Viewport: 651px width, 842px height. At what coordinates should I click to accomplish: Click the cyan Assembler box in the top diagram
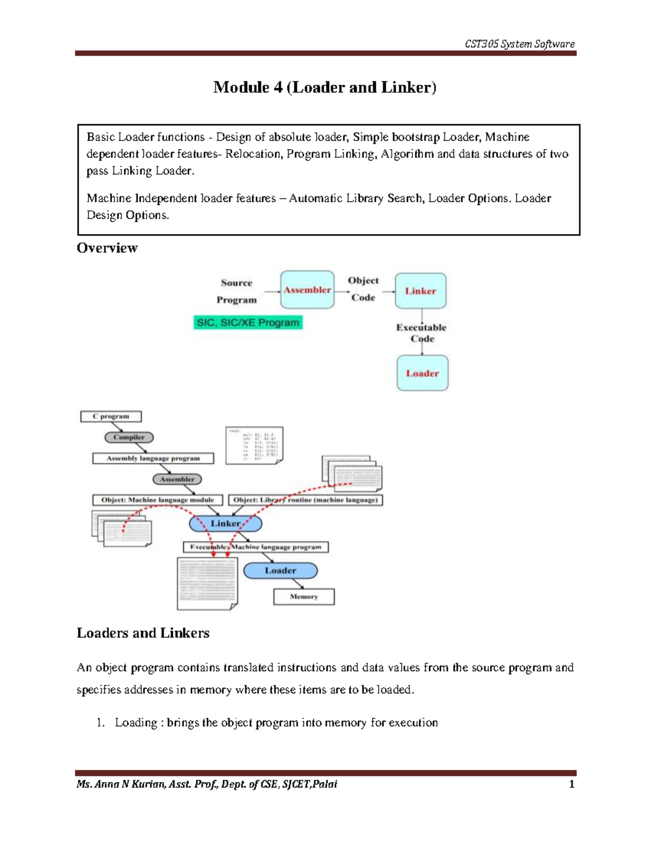click(307, 290)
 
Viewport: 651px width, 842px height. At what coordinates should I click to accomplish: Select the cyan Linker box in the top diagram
click(420, 291)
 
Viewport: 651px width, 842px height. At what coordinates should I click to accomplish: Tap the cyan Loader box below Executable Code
click(422, 373)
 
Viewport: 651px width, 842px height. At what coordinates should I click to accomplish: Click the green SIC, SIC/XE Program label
click(248, 323)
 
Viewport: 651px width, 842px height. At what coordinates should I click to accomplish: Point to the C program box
click(111, 416)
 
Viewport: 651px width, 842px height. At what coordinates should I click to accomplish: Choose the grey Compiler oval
click(129, 437)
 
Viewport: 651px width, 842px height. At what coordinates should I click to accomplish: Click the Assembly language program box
click(153, 458)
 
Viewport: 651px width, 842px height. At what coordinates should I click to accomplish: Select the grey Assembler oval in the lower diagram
click(177, 479)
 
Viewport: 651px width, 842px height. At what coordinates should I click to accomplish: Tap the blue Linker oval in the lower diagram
click(226, 523)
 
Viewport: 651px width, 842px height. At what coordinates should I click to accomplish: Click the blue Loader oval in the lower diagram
click(280, 570)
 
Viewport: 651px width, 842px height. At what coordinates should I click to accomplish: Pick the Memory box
click(304, 596)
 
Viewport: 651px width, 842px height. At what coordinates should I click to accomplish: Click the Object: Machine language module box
click(157, 500)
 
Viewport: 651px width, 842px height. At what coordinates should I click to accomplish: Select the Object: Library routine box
click(305, 500)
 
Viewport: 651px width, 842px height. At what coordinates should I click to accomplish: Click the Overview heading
click(107, 248)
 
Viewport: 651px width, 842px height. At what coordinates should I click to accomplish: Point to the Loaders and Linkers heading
click(143, 633)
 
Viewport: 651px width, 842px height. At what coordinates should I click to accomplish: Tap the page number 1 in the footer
click(571, 784)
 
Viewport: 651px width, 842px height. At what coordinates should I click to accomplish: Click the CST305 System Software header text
click(519, 44)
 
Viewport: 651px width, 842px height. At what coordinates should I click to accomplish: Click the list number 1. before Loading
click(100, 722)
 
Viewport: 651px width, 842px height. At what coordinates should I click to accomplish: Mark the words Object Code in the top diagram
click(363, 289)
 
